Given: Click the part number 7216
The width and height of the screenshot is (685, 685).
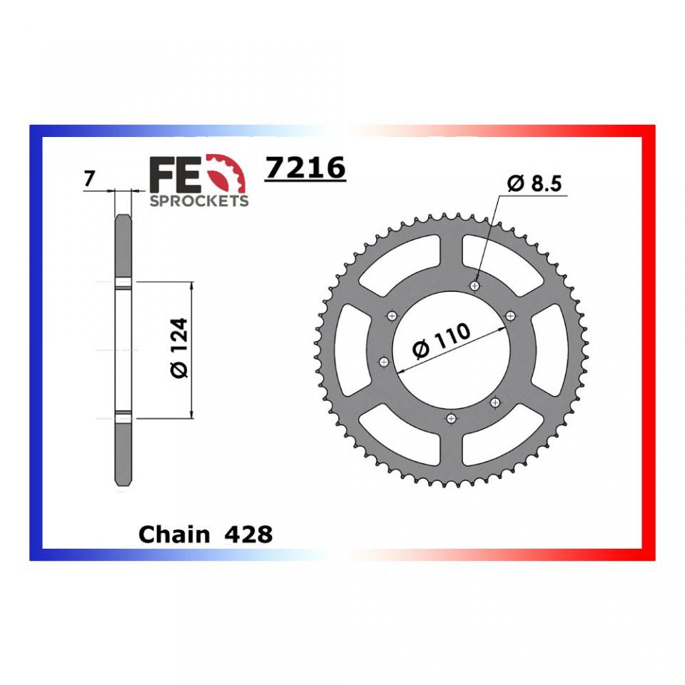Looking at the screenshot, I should click(x=305, y=169).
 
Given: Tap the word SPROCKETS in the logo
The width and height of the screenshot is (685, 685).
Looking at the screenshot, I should click(x=199, y=201).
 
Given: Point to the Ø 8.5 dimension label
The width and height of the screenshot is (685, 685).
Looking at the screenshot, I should click(x=534, y=185).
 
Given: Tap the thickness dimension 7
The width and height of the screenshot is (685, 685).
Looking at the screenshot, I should click(x=88, y=179).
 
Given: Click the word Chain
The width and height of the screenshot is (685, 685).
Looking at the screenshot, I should click(x=175, y=534).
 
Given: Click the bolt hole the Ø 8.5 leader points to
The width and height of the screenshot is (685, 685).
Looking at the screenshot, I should click(x=475, y=285).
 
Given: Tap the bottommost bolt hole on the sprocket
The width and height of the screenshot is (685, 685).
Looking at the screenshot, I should click(x=450, y=419).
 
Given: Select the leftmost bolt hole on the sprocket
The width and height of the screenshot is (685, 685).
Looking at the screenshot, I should click(x=385, y=362).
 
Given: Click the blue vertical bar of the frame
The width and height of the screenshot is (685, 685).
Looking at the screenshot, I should click(x=35, y=342).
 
